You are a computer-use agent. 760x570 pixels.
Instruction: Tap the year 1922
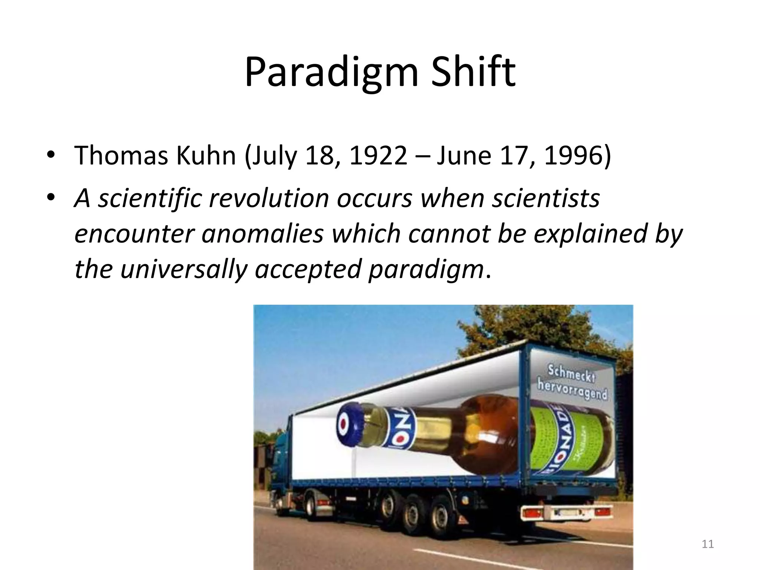click(x=378, y=155)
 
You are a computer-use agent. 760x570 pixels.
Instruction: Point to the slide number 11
click(x=708, y=544)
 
